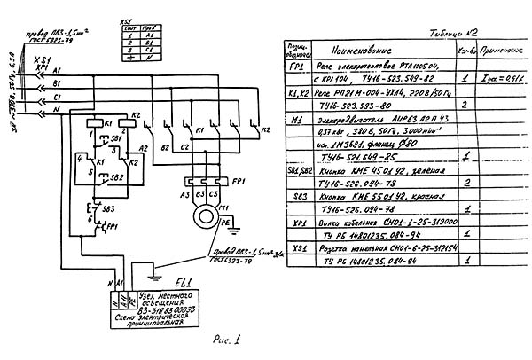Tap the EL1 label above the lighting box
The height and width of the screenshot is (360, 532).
click(x=184, y=281)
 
